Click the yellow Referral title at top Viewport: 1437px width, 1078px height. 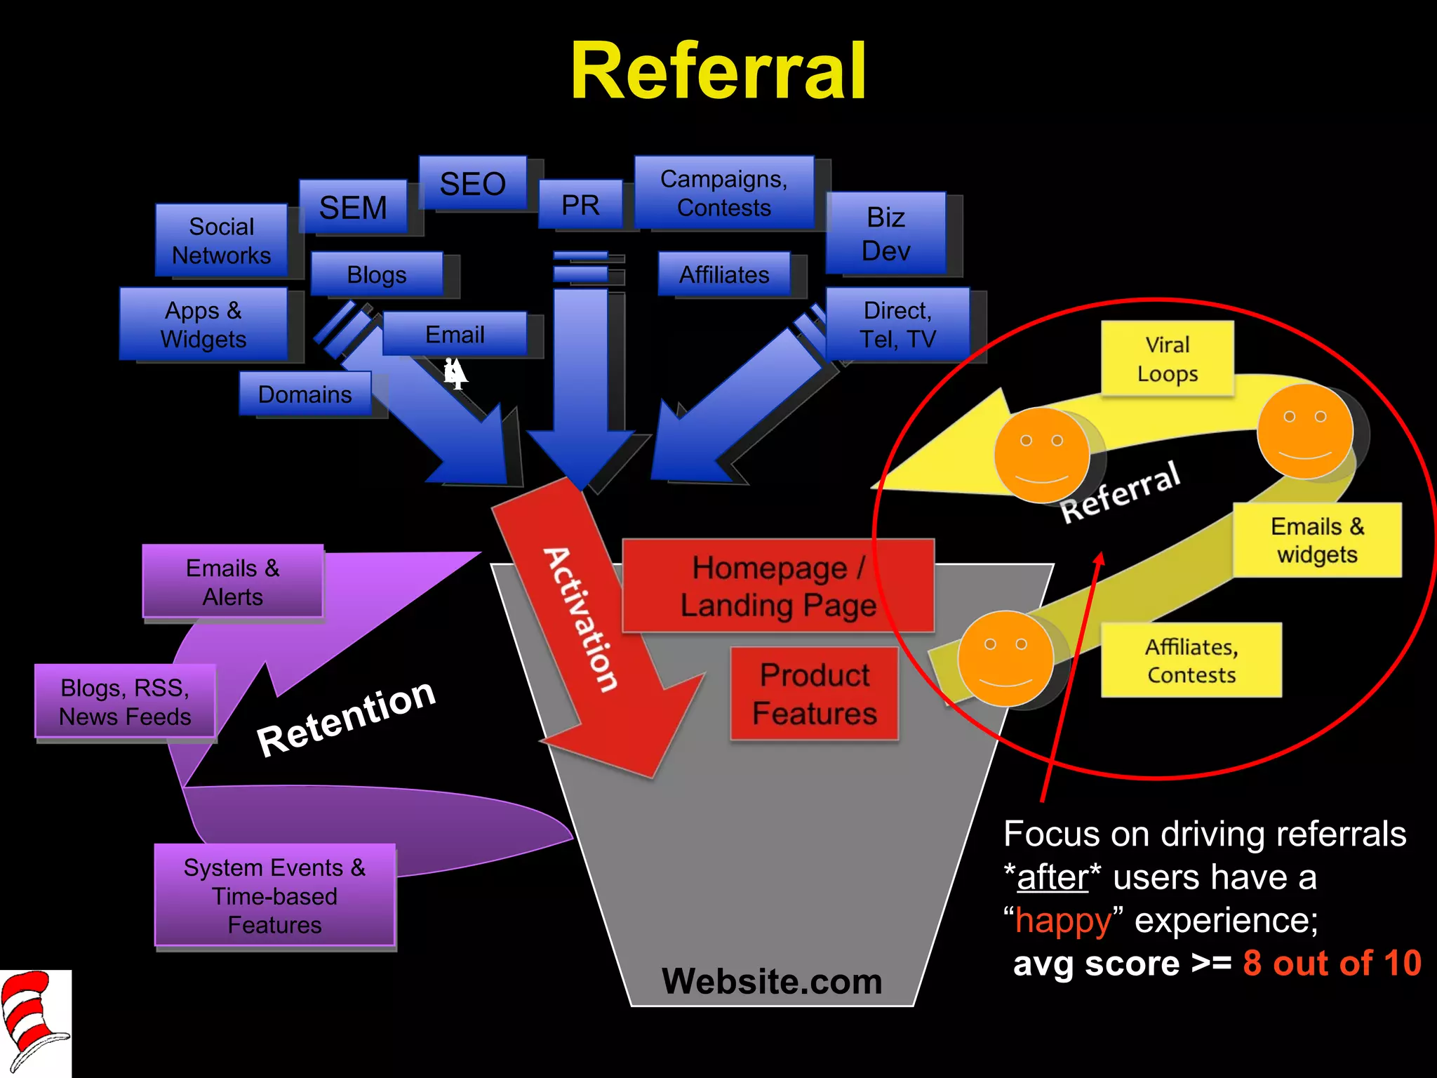coord(718,72)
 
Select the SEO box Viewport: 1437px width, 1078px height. coord(472,183)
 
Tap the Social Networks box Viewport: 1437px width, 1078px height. coord(221,241)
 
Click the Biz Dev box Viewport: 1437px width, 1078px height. coord(885,233)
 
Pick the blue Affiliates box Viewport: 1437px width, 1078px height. coord(724,274)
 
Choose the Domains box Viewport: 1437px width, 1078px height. coord(305,394)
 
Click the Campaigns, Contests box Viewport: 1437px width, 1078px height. coord(724,193)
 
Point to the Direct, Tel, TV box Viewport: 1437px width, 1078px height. coord(897,324)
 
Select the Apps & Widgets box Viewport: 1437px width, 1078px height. coord(203,324)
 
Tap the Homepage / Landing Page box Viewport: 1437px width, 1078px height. coord(777,586)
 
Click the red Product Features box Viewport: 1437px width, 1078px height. coord(814,693)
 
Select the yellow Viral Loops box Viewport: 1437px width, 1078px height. coord(1167,359)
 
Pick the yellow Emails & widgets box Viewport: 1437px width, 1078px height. coord(1317,540)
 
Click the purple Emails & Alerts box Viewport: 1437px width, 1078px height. coord(232,582)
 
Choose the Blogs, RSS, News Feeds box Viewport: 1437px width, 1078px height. coord(125,702)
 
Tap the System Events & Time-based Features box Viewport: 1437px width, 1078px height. coord(274,896)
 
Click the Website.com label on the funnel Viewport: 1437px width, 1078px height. coord(772,981)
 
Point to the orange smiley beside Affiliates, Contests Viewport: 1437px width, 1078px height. coord(1005,658)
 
